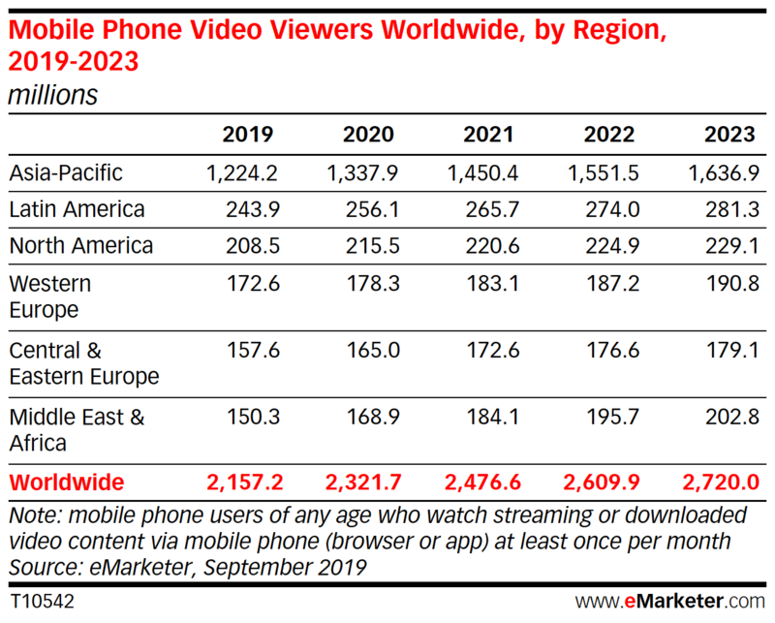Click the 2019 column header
(248, 135)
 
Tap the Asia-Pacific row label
(66, 173)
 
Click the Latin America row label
(77, 209)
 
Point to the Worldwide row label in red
(67, 482)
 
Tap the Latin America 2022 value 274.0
(610, 209)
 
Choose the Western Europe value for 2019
(254, 283)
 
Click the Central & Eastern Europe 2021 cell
(492, 349)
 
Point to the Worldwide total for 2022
(600, 482)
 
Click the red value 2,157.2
(239, 482)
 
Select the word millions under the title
(53, 95)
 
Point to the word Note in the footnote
(32, 514)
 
